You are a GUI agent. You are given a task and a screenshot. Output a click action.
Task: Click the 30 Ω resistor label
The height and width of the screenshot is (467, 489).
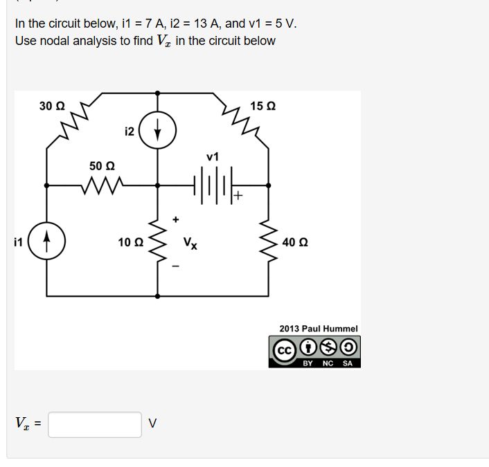(x=52, y=106)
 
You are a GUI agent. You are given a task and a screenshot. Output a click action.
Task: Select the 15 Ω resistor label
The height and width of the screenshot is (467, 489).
(x=263, y=106)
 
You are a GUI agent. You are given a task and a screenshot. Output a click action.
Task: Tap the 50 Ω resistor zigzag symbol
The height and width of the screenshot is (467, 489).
(x=102, y=185)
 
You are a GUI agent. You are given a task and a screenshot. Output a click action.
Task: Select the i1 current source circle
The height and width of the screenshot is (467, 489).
(x=47, y=223)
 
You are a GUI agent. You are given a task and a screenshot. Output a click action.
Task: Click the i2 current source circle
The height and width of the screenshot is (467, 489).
(x=157, y=112)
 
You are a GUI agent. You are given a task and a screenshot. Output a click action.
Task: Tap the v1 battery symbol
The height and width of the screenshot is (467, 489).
(x=213, y=185)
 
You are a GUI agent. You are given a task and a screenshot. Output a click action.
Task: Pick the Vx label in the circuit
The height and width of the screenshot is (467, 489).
(x=190, y=243)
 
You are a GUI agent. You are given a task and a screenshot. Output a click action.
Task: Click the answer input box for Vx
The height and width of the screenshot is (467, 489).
(x=95, y=425)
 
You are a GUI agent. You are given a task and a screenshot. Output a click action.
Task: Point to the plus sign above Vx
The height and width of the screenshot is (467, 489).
(x=176, y=219)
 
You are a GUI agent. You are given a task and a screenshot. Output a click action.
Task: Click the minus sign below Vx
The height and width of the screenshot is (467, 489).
(x=176, y=266)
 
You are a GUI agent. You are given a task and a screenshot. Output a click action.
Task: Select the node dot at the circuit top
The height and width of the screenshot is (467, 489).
(x=157, y=93)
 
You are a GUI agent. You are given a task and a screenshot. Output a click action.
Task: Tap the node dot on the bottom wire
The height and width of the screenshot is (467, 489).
(x=157, y=296)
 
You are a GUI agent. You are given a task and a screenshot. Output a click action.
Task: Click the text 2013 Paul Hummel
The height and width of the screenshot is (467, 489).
(x=319, y=329)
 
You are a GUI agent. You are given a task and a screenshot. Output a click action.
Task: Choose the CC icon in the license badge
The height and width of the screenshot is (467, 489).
(x=284, y=351)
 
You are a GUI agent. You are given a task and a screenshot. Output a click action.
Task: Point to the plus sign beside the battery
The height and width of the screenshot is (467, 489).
(x=238, y=195)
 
